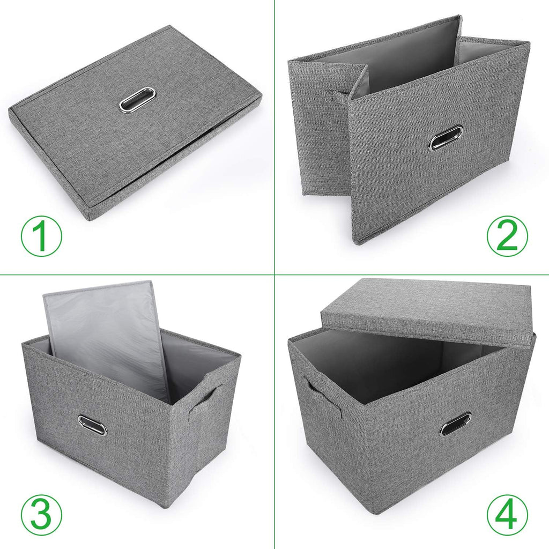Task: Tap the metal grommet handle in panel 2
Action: tap(446, 138)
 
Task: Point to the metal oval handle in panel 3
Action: tap(92, 425)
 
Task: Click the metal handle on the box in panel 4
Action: tap(456, 424)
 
